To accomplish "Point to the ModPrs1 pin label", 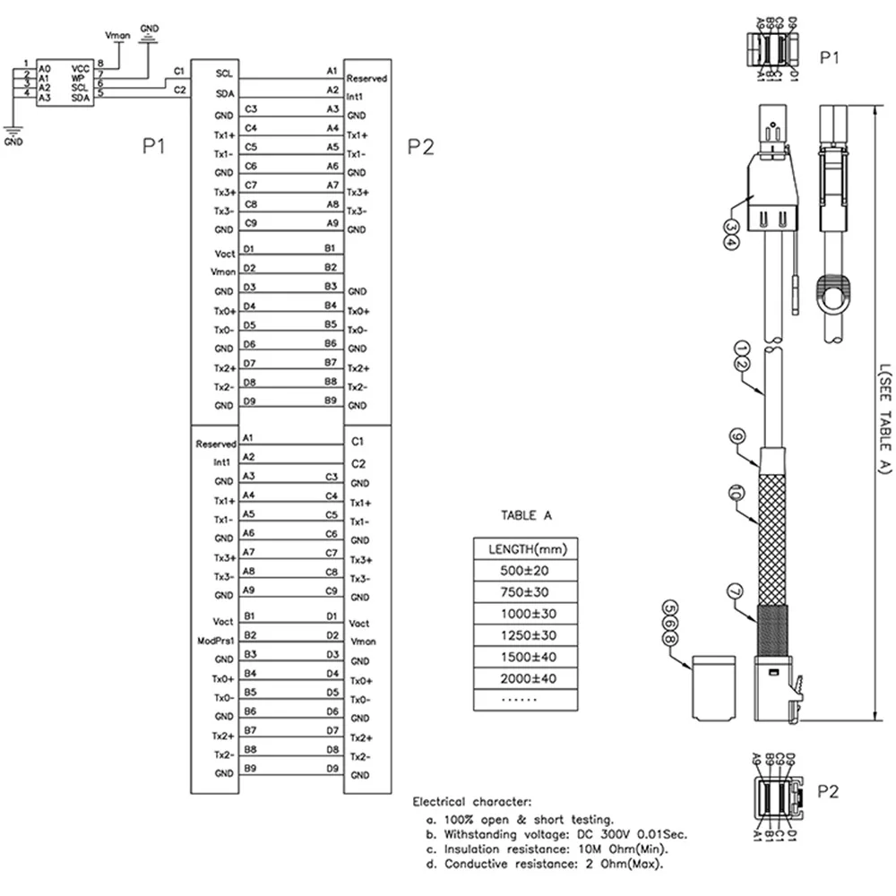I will tap(214, 641).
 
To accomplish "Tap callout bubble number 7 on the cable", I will tap(734, 590).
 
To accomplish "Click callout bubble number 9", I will tap(737, 436).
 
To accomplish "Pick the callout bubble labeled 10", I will tap(735, 492).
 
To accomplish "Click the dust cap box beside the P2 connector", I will tap(713, 687).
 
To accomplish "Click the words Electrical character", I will tap(472, 801).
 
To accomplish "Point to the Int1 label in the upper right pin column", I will tap(354, 96).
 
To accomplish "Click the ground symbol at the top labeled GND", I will tap(150, 35).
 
